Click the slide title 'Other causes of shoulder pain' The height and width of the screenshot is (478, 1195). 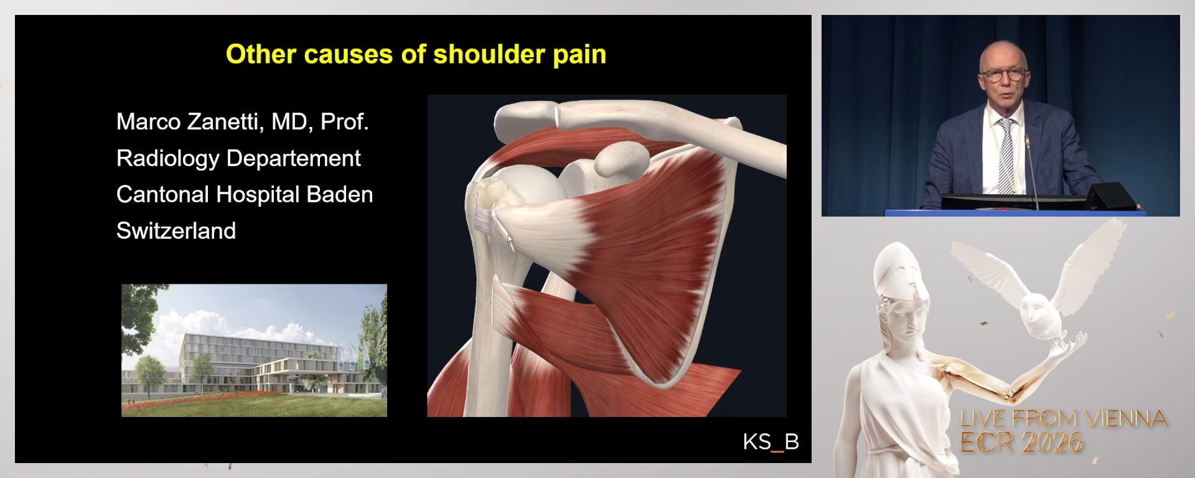(416, 55)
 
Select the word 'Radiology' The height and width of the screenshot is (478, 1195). (167, 159)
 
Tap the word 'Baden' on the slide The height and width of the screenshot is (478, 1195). (339, 195)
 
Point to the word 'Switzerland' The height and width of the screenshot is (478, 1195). (176, 232)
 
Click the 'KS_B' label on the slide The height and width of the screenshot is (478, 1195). (771, 442)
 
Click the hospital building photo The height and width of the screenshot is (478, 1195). (254, 350)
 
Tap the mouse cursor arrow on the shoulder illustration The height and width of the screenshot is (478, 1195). (509, 241)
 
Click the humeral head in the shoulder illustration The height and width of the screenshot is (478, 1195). (529, 187)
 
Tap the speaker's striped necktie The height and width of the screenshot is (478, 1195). (1005, 156)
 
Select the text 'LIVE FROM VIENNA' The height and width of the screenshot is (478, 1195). (1063, 418)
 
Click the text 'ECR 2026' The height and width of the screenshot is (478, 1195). (1021, 442)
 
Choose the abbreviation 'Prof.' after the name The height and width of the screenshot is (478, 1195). (344, 122)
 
